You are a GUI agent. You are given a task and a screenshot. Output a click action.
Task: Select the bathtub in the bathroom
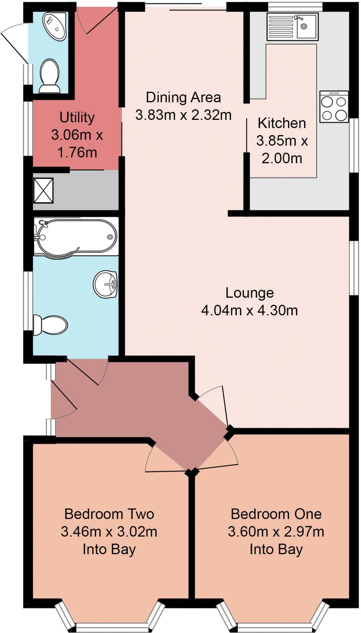(x=76, y=237)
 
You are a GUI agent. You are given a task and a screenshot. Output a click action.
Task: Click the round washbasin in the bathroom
(x=105, y=284)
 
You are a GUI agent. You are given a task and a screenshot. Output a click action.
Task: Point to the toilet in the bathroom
(x=50, y=325)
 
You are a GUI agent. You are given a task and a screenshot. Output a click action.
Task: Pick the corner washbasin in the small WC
(x=55, y=26)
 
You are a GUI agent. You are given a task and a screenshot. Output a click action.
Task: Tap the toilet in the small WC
(x=49, y=76)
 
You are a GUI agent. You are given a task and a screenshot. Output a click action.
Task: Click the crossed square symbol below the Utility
(x=43, y=190)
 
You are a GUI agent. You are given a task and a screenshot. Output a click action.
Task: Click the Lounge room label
(x=249, y=293)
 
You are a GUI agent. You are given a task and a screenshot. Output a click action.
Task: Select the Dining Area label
(x=183, y=98)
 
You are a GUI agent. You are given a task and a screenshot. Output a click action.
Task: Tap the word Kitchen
(x=282, y=123)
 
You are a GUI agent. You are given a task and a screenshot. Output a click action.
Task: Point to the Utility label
(x=77, y=117)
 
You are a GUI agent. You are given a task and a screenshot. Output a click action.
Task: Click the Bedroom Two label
(x=109, y=514)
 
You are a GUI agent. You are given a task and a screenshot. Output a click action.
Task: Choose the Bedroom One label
(x=276, y=514)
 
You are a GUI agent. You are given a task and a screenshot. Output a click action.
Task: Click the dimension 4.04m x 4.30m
(x=249, y=310)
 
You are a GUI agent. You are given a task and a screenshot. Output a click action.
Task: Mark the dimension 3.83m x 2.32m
(x=183, y=115)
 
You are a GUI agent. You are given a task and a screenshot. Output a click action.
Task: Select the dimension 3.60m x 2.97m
(x=276, y=532)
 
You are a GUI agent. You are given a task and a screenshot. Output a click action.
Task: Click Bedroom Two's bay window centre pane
(x=111, y=627)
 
